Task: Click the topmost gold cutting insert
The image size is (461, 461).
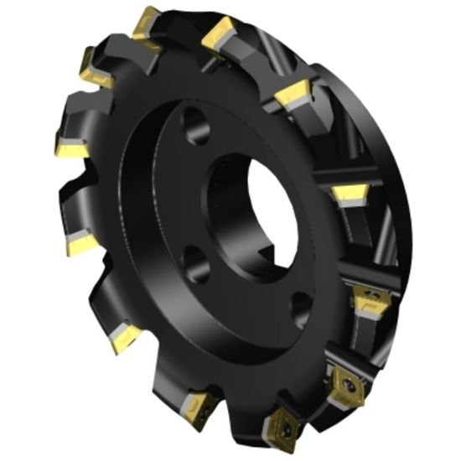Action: coord(146,20)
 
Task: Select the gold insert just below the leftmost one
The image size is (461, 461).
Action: coord(81,243)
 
